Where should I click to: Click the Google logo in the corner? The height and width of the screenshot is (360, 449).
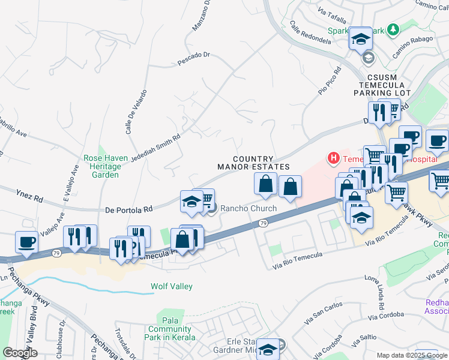pyautogui.click(x=20, y=353)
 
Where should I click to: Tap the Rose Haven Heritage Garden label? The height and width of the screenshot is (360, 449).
pyautogui.click(x=106, y=167)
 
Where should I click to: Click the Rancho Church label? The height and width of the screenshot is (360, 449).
pyautogui.click(x=249, y=209)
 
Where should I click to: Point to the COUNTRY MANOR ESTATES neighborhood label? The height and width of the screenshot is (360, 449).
pyautogui.click(x=253, y=163)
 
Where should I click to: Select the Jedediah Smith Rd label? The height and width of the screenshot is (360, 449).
pyautogui.click(x=155, y=146)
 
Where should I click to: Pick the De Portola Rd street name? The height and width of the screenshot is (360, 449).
pyautogui.click(x=129, y=209)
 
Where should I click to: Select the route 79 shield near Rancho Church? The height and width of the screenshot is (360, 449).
pyautogui.click(x=263, y=223)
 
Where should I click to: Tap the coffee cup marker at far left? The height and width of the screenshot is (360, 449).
pyautogui.click(x=26, y=241)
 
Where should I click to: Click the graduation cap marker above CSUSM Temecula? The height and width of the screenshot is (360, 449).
pyautogui.click(x=361, y=39)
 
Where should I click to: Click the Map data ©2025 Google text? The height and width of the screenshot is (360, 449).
pyautogui.click(x=412, y=355)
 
